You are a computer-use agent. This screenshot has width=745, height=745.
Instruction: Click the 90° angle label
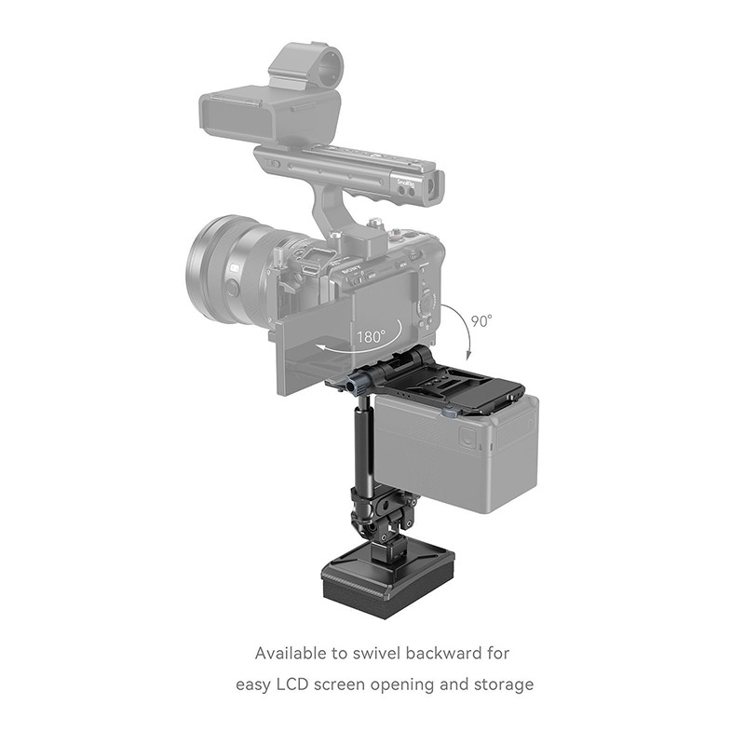point(481,321)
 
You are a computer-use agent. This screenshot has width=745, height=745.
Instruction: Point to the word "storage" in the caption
point(503,684)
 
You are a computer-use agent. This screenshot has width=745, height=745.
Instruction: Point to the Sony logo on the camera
point(347,264)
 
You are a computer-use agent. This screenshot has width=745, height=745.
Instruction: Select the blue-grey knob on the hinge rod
point(358,384)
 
